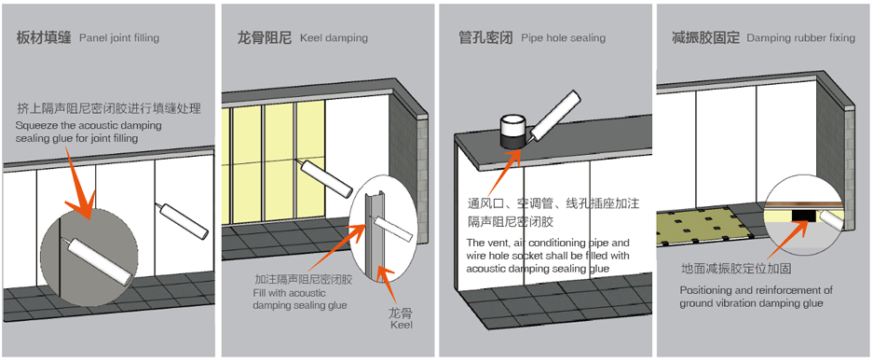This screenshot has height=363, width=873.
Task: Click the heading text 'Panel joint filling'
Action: coord(119,38)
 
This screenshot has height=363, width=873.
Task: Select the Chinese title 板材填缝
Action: coord(44,38)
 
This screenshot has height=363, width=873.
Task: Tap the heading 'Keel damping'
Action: coord(334,38)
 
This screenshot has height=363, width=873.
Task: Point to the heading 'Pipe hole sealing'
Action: coord(564,38)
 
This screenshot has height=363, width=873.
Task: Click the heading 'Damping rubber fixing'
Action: coord(801,38)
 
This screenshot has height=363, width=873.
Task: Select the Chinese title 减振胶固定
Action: coord(706,38)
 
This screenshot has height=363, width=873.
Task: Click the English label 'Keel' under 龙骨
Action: coord(402,325)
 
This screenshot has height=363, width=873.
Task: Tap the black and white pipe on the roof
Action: coord(512,132)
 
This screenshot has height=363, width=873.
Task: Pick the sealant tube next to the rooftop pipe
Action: coord(554,117)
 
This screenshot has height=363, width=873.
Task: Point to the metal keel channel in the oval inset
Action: coord(370,234)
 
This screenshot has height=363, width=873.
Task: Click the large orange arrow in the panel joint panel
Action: coord(79,183)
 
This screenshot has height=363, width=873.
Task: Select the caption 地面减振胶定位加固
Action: coord(736,269)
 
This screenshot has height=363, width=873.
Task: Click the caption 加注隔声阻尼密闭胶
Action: coord(304,280)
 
